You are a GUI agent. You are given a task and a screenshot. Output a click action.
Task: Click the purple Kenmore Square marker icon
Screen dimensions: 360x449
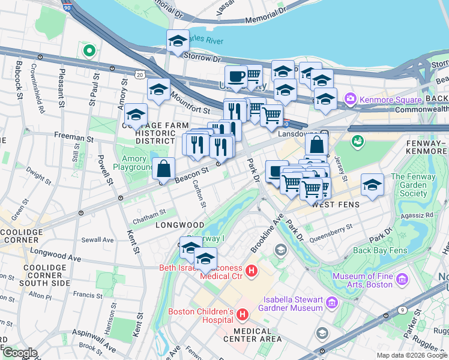pos(350,98)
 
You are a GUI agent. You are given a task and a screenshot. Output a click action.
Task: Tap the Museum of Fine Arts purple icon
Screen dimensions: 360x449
pos(402,280)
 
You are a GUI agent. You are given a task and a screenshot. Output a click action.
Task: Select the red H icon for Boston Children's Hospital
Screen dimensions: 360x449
pos(243,314)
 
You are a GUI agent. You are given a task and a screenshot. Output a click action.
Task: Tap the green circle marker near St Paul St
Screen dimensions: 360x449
pos(89,51)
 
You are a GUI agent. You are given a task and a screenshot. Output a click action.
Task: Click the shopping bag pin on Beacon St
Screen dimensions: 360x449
pos(164,169)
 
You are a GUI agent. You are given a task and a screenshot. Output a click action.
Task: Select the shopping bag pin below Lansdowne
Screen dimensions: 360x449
pos(316,145)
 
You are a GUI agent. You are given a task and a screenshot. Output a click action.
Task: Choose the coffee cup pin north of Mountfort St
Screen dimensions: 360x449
pos(236,77)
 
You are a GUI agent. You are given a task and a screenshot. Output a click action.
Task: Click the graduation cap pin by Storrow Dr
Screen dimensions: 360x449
pos(178,41)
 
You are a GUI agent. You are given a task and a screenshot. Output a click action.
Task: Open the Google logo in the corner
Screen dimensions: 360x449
pos(20,353)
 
